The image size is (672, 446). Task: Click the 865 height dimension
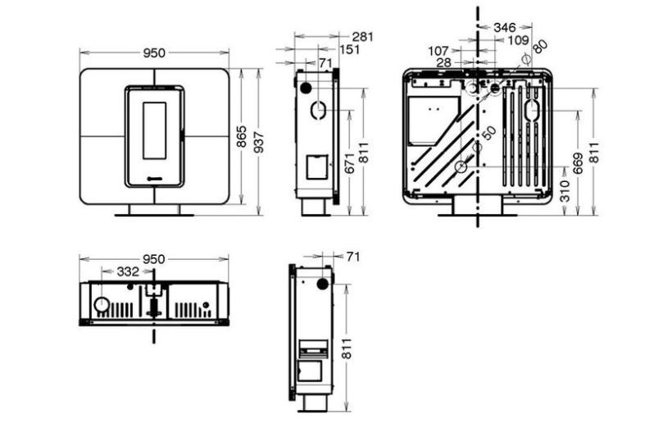[242, 136]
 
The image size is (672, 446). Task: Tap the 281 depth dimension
[362, 37]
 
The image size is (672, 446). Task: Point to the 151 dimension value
[349, 50]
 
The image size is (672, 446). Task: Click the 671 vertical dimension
[350, 163]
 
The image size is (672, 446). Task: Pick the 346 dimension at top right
[505, 27]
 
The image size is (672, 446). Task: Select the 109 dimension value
[518, 40]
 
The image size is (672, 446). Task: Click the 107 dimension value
[438, 51]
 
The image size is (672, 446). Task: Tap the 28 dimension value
[444, 62]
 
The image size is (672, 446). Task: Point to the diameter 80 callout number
[540, 46]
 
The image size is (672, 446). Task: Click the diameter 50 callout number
[488, 133]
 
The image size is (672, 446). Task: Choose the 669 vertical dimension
[578, 163]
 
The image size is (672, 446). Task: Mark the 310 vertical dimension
[565, 191]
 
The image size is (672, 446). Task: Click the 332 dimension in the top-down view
[128, 271]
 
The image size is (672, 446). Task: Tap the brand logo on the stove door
[154, 179]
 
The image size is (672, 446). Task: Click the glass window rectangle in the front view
[154, 130]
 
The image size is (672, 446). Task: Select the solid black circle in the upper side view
[306, 88]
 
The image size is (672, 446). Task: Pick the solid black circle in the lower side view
[323, 284]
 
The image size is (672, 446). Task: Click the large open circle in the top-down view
[102, 305]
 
